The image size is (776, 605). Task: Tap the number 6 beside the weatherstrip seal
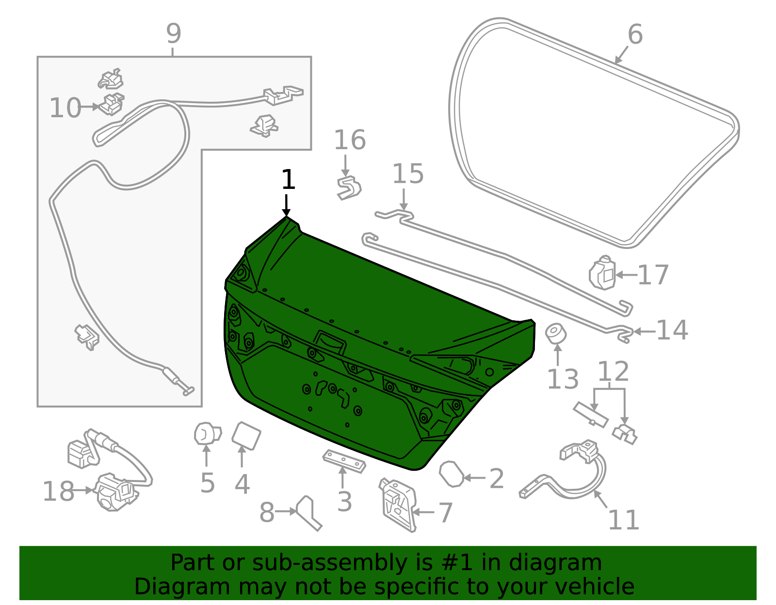(635, 35)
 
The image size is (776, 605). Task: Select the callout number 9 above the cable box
(174, 34)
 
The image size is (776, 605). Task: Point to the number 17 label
(653, 275)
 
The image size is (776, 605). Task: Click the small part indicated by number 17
(602, 273)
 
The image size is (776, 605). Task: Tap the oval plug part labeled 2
(451, 474)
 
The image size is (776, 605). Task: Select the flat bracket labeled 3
(344, 461)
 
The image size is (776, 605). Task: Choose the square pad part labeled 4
(246, 435)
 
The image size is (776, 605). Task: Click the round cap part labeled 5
(207, 433)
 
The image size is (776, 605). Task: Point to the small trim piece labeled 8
(309, 512)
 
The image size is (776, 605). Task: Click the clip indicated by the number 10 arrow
(112, 105)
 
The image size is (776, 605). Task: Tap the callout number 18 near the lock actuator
(58, 491)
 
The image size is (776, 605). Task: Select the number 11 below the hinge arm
(624, 520)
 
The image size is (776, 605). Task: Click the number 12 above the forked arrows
(613, 372)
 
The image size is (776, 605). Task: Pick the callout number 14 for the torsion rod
(672, 330)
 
